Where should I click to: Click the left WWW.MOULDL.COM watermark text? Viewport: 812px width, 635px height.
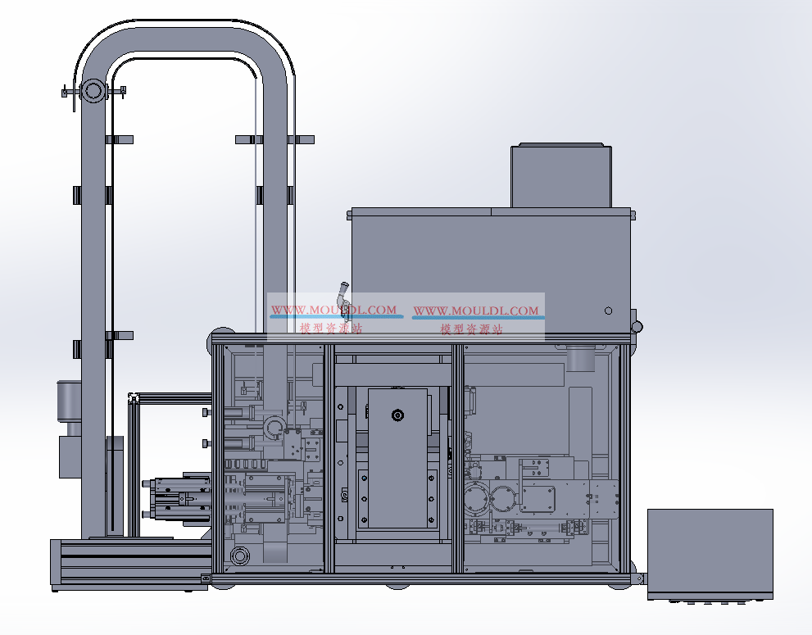(x=334, y=310)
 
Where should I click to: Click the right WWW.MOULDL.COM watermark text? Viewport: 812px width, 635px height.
(x=476, y=311)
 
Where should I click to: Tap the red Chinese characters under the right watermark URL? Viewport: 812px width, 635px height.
(x=471, y=329)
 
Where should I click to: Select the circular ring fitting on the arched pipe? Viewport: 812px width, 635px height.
(x=93, y=91)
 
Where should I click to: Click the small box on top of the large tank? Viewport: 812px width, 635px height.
(x=561, y=175)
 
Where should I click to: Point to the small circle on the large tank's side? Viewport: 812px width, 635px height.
(x=609, y=311)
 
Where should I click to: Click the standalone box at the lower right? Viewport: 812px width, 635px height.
(x=710, y=554)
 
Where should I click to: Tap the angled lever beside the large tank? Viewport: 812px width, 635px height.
(x=342, y=294)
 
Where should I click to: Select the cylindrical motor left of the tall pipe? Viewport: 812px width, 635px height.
(x=69, y=397)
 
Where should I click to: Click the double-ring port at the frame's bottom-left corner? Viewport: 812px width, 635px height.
(x=239, y=556)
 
